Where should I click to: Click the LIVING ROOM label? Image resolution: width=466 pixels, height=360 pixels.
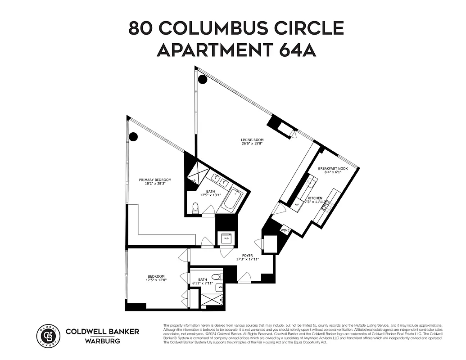(x=252, y=140)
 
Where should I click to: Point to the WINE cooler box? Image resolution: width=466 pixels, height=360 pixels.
(x=285, y=230)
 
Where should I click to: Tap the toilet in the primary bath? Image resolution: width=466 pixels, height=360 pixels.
(x=195, y=208)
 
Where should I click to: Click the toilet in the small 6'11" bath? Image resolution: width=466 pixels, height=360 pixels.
(x=216, y=276)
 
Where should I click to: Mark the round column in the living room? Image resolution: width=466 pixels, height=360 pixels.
(x=203, y=80)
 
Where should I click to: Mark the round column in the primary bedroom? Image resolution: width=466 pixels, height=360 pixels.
(x=133, y=136)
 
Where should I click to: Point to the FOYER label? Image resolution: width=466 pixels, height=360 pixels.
(x=248, y=256)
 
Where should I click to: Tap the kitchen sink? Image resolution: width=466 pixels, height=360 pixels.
(x=311, y=183)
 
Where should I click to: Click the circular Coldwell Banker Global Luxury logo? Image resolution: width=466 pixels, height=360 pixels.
(x=48, y=335)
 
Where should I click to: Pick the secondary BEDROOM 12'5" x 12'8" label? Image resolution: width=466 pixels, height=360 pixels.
(x=156, y=278)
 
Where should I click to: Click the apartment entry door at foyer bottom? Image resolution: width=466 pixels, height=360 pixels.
(x=245, y=278)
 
